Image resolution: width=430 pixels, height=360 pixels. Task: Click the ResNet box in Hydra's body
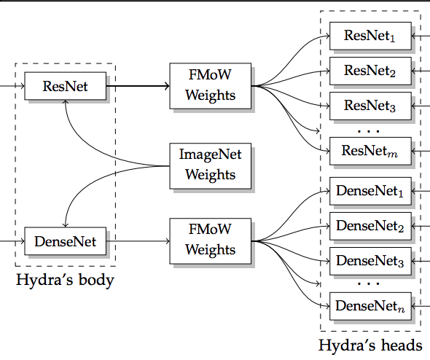pos(66,86)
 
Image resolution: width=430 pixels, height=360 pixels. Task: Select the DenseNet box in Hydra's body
pos(66,241)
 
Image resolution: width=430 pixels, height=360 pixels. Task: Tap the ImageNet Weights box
pos(211,166)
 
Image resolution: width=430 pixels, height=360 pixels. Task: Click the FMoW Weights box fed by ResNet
pos(211,86)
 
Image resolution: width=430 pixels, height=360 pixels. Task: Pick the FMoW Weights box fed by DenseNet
pos(211,241)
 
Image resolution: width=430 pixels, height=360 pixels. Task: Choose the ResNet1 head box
pos(370,36)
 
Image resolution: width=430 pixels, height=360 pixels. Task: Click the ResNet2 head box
pos(370,71)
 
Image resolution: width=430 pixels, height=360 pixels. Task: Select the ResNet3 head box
pos(370,106)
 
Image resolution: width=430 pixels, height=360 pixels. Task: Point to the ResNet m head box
pos(370,151)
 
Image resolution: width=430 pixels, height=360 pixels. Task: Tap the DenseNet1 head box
pos(370,191)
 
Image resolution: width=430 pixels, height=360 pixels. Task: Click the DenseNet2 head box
pos(370,226)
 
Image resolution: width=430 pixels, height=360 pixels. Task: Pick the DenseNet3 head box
pos(370,262)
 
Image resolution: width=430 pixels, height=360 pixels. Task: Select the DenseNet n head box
pos(370,306)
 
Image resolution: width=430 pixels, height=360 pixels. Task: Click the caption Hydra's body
pos(66,281)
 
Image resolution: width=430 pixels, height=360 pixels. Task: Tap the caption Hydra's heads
pos(370,345)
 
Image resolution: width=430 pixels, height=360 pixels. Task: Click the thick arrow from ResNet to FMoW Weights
pos(138,86)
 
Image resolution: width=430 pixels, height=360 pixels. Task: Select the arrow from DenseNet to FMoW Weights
pos(138,241)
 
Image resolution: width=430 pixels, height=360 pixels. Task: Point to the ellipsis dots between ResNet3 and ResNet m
pos(369,131)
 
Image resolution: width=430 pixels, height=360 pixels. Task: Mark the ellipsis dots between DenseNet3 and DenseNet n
pos(369,283)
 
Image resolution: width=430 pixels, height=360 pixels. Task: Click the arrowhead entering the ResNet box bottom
pos(66,102)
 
